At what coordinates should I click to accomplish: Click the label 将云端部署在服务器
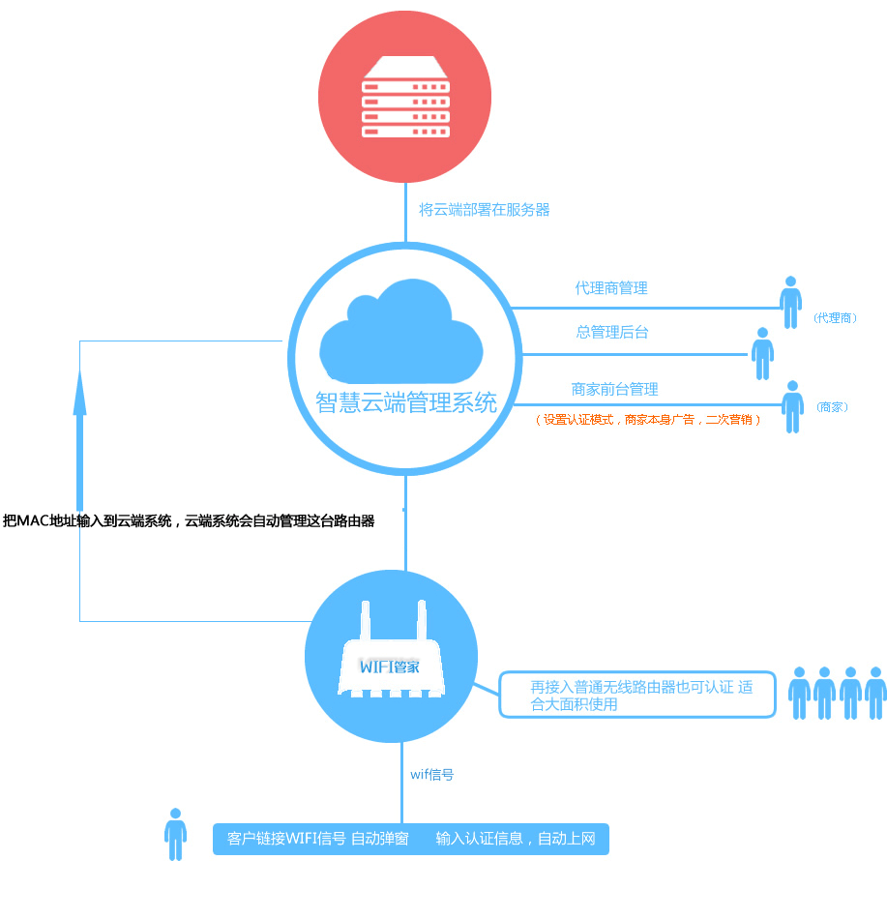click(484, 209)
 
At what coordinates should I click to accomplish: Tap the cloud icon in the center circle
click(400, 331)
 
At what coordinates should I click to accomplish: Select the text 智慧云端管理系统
click(406, 402)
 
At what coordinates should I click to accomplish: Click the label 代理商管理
click(611, 288)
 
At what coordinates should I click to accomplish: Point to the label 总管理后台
click(612, 332)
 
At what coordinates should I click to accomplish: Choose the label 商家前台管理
click(614, 389)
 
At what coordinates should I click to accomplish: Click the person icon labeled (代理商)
click(791, 303)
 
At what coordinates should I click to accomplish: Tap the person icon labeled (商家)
click(792, 406)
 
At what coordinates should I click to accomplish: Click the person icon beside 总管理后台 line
click(762, 354)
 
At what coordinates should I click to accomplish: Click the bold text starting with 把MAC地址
click(189, 520)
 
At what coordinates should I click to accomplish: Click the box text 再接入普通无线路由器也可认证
click(638, 695)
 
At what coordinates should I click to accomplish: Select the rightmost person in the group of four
click(875, 692)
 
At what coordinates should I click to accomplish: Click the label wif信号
click(432, 775)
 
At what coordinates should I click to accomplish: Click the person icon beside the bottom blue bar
click(175, 834)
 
